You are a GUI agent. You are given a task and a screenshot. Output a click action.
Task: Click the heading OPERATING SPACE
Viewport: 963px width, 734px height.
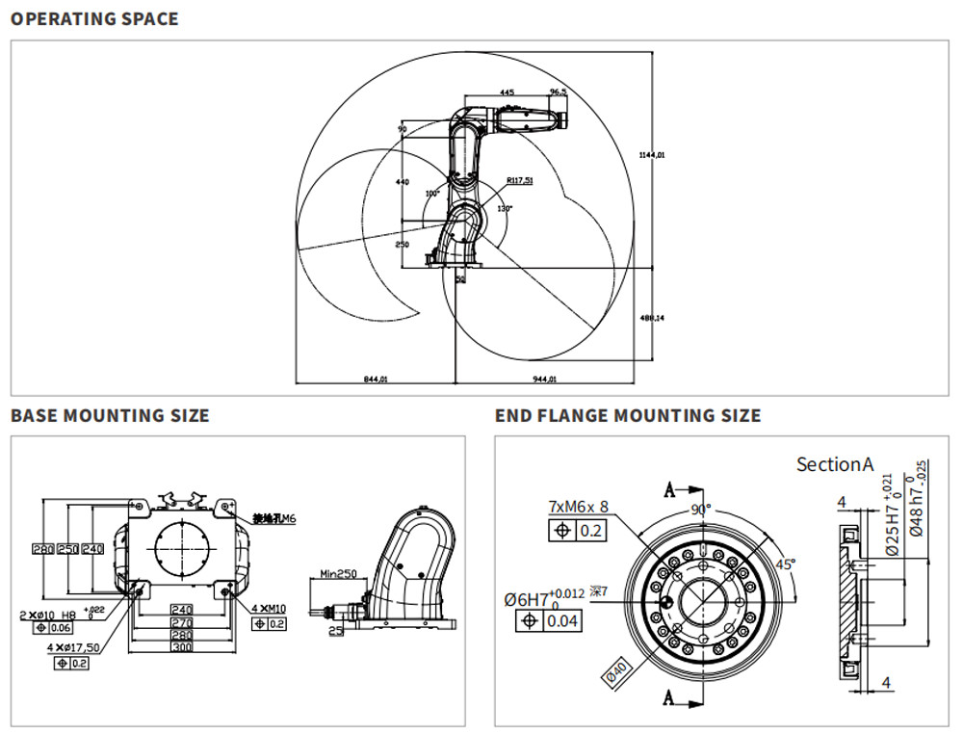point(94,18)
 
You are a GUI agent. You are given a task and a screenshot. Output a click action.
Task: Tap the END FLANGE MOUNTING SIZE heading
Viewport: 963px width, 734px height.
point(628,416)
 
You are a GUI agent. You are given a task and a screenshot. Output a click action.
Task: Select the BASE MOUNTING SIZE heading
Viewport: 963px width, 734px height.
point(109,416)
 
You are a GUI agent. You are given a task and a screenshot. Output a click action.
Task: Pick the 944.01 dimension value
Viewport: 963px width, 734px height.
point(546,380)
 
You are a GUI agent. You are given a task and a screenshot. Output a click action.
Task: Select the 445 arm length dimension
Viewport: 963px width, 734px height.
point(507,92)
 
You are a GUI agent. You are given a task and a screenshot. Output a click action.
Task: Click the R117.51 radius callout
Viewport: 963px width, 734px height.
point(519,180)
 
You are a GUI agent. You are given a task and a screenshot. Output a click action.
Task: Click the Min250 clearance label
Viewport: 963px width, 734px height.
point(333,574)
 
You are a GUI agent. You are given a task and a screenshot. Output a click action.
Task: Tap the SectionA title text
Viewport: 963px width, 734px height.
point(834,464)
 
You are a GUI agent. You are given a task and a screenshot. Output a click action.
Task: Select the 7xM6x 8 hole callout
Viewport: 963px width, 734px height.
point(579,506)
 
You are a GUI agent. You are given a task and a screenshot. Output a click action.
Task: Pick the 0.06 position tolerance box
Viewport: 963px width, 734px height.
point(60,628)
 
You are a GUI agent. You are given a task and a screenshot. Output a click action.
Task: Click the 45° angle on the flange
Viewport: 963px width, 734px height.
point(787,565)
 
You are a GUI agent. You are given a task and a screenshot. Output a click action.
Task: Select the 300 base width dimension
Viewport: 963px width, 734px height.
point(180,647)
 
